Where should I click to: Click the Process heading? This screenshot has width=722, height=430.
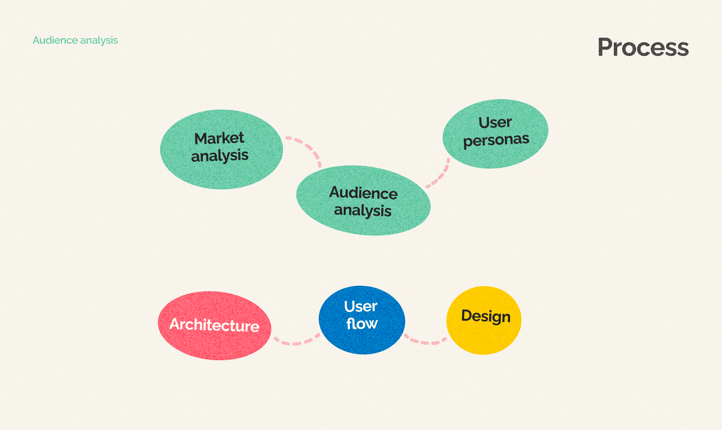click(x=643, y=48)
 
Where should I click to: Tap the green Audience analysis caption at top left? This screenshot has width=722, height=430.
click(x=75, y=40)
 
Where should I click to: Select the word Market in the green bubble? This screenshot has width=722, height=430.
click(x=219, y=138)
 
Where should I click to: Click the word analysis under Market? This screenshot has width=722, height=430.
click(x=220, y=156)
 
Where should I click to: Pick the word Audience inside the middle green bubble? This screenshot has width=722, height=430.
click(x=363, y=193)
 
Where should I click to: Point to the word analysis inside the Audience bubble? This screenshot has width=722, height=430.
click(x=363, y=210)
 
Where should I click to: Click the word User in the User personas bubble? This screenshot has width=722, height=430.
click(x=495, y=123)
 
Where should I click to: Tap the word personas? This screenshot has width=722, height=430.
click(x=496, y=141)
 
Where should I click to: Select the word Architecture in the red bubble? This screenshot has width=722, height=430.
click(x=214, y=325)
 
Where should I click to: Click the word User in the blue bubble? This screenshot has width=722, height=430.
click(x=361, y=306)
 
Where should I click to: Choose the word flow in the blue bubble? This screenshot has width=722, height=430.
click(x=362, y=324)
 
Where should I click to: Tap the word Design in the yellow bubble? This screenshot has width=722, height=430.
click(x=486, y=316)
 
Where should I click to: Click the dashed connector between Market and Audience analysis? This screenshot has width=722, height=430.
click(x=308, y=147)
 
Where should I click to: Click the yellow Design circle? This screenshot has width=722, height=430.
click(x=484, y=339)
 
